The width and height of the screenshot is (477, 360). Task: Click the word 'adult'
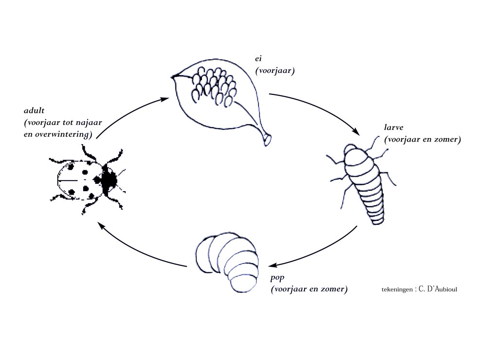point(34,110)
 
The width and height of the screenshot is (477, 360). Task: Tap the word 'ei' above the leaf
point(258,59)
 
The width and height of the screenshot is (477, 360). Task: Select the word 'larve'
point(393,127)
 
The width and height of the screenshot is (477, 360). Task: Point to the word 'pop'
point(277,278)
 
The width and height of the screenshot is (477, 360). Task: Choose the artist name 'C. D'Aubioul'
point(438,289)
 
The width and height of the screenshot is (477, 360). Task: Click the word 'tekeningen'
point(397,290)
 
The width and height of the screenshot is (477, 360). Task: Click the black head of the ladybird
point(109,181)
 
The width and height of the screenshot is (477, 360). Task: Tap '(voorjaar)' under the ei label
point(275,71)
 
